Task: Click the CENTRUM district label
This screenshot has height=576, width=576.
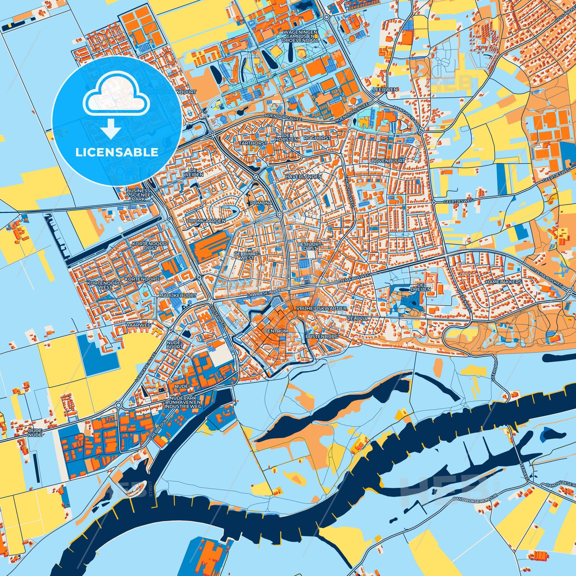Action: tap(276, 331)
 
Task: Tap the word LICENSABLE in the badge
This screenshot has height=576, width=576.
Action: tap(117, 152)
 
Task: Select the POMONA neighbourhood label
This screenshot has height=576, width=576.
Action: tap(261, 203)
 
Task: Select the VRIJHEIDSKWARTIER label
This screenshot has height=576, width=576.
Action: tap(321, 308)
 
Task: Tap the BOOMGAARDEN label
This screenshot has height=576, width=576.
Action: tap(206, 221)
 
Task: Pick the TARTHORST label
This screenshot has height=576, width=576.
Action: tap(249, 143)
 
